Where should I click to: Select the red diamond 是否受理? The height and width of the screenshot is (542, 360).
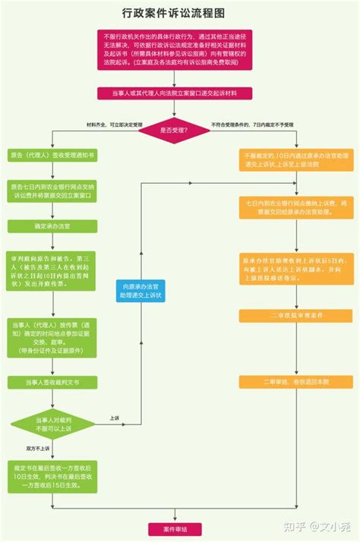(174, 130)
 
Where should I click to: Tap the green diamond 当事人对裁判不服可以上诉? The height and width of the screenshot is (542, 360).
(52, 423)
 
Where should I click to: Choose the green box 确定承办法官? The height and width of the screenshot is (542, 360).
(52, 225)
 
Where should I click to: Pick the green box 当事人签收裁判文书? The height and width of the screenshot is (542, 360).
(52, 383)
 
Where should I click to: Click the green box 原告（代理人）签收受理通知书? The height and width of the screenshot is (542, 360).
(52, 154)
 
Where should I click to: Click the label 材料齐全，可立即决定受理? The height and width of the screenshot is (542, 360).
(110, 124)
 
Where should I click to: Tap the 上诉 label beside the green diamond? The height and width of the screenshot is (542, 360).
(114, 418)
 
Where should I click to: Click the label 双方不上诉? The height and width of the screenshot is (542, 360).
(42, 447)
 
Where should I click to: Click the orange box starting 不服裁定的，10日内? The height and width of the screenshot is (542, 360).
(289, 162)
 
